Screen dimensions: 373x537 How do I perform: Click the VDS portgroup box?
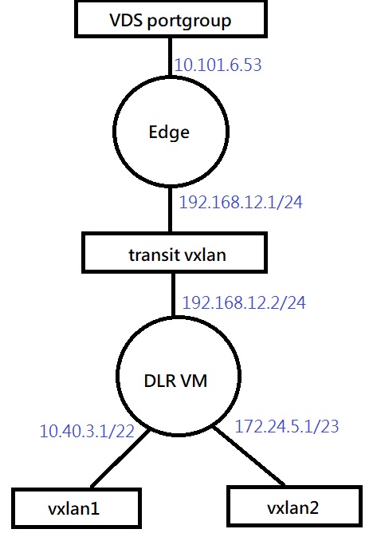pyautogui.click(x=171, y=19)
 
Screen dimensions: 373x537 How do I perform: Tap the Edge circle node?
pyautogui.click(x=171, y=132)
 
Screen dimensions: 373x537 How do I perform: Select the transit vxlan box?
pyautogui.click(x=175, y=253)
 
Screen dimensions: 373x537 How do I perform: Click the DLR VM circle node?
pyautogui.click(x=179, y=376)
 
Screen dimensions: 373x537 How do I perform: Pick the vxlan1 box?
pyautogui.click(x=77, y=508)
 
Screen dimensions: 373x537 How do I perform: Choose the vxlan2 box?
pyautogui.click(x=295, y=506)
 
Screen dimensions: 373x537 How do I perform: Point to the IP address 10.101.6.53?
pyautogui.click(x=218, y=65)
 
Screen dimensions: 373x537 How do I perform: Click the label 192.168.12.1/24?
pyautogui.click(x=241, y=202)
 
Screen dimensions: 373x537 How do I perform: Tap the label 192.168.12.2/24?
pyautogui.click(x=244, y=302)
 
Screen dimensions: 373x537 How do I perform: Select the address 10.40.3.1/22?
pyautogui.click(x=87, y=431)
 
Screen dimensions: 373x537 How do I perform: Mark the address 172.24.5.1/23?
pyautogui.click(x=287, y=426)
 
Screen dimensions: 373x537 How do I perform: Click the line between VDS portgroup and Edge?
pyautogui.click(x=170, y=57)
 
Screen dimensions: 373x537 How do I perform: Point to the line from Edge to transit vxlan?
pyautogui.click(x=171, y=210)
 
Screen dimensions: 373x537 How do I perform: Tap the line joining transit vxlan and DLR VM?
pyautogui.click(x=173, y=294)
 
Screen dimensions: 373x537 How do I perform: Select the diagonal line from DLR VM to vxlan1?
pyautogui.click(x=120, y=458)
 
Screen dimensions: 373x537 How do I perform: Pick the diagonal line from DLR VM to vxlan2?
pyautogui.click(x=249, y=456)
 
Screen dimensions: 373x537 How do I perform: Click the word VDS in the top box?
pyautogui.click(x=125, y=20)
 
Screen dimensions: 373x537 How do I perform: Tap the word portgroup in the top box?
pyautogui.click(x=189, y=22)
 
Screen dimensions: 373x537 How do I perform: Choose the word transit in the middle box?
pyautogui.click(x=154, y=255)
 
